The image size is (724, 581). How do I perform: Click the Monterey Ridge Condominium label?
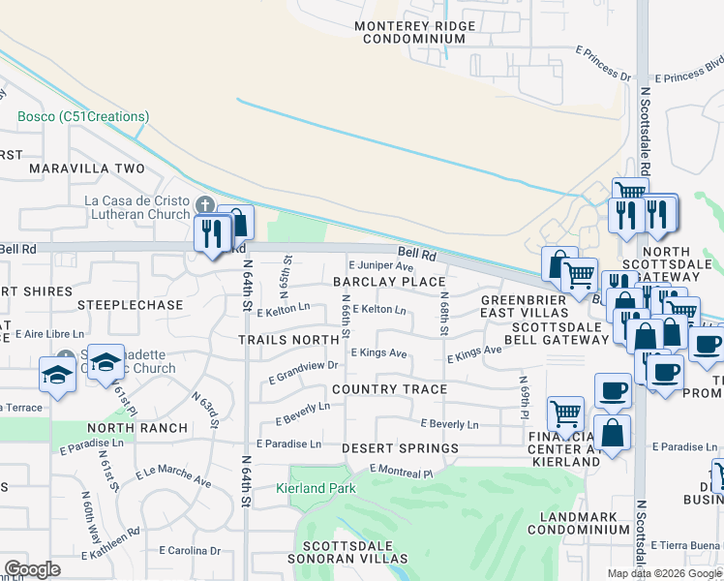point(414,32)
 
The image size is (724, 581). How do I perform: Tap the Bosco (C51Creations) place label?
point(83,117)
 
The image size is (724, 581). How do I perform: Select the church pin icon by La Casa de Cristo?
point(203,205)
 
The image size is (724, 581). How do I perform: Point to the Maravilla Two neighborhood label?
point(86,168)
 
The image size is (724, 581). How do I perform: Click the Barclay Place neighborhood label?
point(388,282)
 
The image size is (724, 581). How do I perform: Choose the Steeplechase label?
point(131,304)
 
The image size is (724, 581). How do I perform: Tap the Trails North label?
point(289,340)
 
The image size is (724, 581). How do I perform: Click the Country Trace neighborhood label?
point(389,389)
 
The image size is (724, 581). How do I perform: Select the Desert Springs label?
point(400,449)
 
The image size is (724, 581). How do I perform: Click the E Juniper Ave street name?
point(380,266)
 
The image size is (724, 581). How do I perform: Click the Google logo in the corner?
point(32,569)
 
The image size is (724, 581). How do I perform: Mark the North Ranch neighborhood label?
point(136,428)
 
